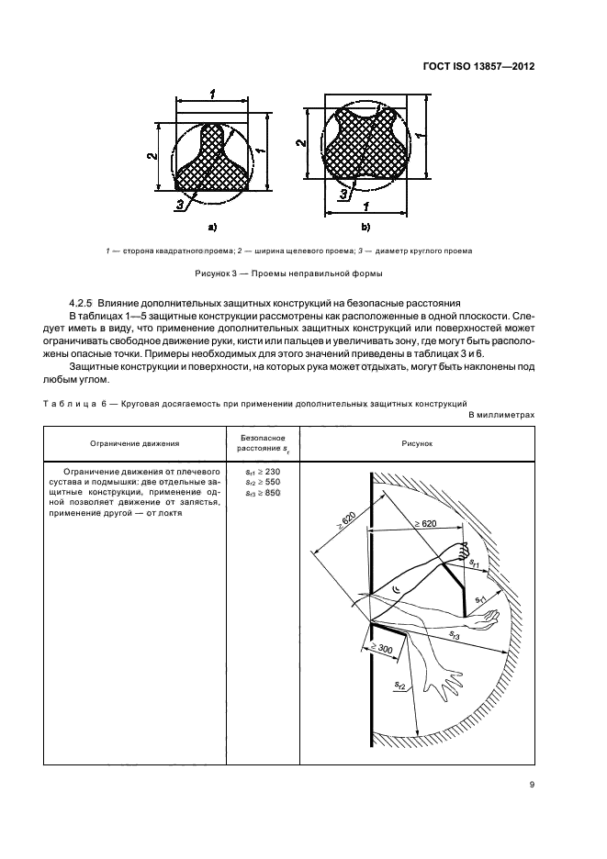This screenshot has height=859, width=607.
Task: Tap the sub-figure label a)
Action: click(x=212, y=224)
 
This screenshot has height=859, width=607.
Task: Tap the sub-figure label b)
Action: click(x=365, y=224)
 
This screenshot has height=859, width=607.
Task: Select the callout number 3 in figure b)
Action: click(x=343, y=194)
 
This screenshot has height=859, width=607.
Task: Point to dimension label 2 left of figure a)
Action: click(x=151, y=157)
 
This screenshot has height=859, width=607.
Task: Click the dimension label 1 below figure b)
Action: click(x=365, y=206)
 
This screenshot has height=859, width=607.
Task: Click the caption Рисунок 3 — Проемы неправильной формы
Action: click(x=302, y=273)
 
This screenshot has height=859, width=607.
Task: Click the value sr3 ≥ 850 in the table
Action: click(x=263, y=494)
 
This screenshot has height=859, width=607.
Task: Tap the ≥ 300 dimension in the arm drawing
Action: click(x=379, y=652)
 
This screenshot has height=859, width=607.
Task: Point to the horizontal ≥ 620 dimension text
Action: click(x=428, y=523)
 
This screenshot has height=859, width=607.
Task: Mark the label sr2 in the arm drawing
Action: click(x=399, y=685)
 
